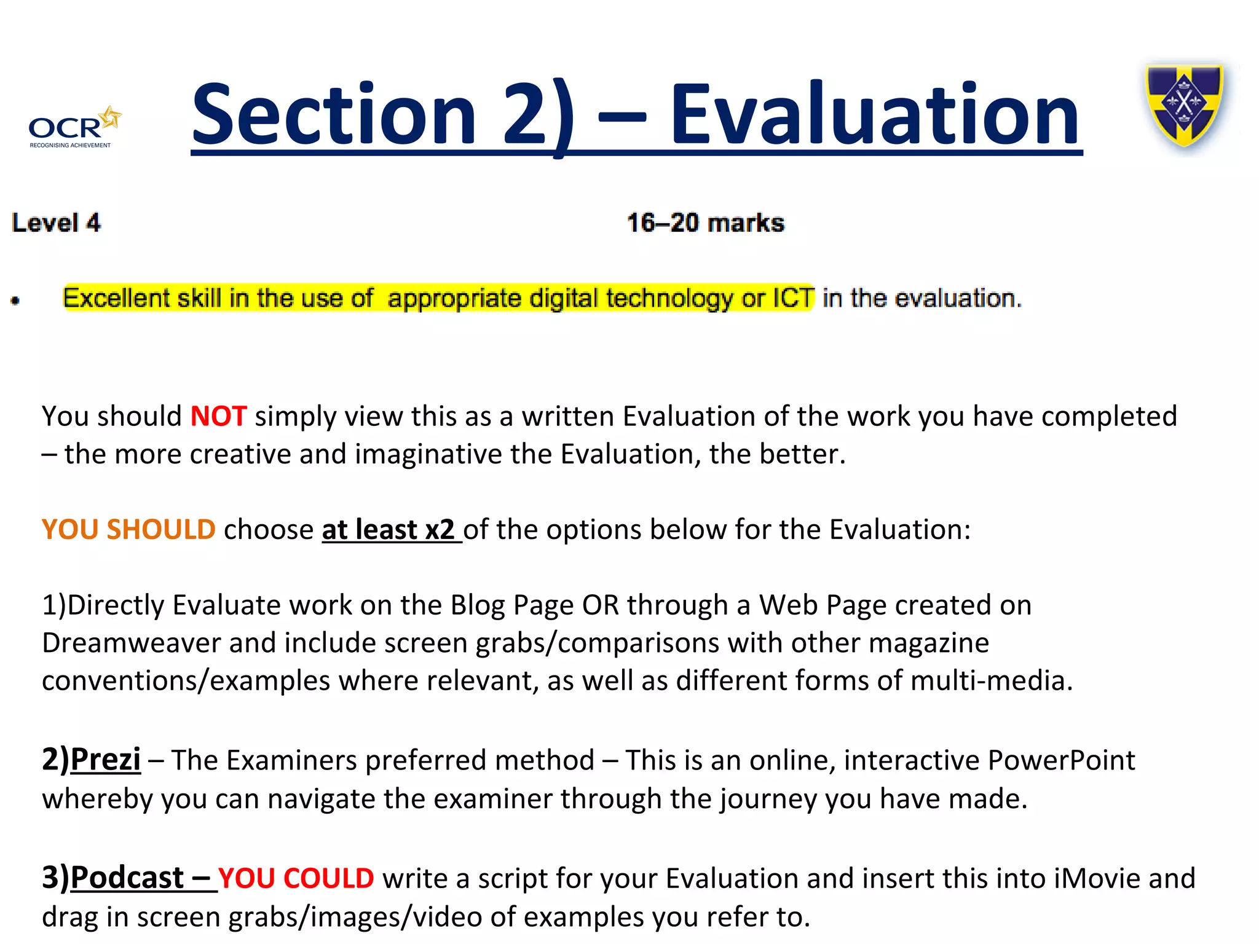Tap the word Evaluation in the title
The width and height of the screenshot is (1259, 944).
(x=875, y=116)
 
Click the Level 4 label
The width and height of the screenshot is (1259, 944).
(x=56, y=222)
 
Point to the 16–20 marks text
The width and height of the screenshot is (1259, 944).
(x=705, y=222)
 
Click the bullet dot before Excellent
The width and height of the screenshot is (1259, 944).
(x=15, y=301)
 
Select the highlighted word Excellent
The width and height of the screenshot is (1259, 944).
(x=116, y=298)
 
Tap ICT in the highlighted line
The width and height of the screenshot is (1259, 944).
(x=793, y=298)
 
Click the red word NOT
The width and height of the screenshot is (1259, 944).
(x=218, y=417)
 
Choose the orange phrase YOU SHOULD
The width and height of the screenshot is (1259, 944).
(x=128, y=530)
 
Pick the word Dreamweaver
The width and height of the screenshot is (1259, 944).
(x=131, y=643)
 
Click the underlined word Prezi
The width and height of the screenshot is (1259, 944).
(x=105, y=760)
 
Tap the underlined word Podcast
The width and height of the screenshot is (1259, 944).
(x=127, y=878)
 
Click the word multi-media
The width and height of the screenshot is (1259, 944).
(x=990, y=681)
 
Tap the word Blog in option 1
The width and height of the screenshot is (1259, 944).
(x=478, y=605)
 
